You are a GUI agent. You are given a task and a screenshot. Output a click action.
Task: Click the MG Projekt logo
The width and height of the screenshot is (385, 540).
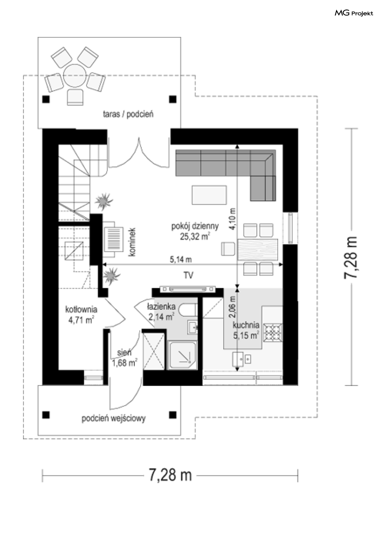click(x=354, y=13)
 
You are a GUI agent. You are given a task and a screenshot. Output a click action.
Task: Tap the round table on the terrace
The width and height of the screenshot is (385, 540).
click(x=75, y=76)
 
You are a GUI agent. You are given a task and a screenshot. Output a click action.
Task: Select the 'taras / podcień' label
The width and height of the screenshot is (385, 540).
click(x=128, y=114)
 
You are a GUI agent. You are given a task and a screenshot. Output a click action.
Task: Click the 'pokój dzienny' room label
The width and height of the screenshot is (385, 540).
click(x=195, y=226)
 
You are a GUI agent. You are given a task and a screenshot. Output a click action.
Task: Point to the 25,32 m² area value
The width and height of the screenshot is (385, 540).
click(x=195, y=236)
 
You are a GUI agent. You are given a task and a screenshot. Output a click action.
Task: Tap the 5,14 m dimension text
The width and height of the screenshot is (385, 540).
click(x=181, y=259)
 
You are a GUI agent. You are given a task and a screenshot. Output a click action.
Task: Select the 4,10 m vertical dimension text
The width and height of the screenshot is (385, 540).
click(x=233, y=219)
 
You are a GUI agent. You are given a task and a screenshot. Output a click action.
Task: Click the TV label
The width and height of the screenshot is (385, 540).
click(x=188, y=275)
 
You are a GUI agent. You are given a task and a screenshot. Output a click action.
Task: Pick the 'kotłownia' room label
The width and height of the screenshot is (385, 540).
click(x=81, y=309)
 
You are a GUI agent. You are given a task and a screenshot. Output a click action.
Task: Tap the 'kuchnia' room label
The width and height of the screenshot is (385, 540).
click(x=246, y=325)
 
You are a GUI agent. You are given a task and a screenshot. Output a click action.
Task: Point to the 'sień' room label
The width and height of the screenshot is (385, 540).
click(x=124, y=353)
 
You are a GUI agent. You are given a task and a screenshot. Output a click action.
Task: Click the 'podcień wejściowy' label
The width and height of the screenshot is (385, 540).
click(x=113, y=418)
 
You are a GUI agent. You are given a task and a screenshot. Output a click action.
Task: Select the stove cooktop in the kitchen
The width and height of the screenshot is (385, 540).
click(x=272, y=333)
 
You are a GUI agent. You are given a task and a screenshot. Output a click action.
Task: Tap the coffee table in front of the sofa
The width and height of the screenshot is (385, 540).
click(x=209, y=195)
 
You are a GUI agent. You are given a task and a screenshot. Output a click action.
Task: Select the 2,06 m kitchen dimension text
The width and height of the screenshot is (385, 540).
click(x=233, y=307)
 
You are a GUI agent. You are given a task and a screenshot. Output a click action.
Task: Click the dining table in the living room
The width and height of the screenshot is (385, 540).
click(x=257, y=249)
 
